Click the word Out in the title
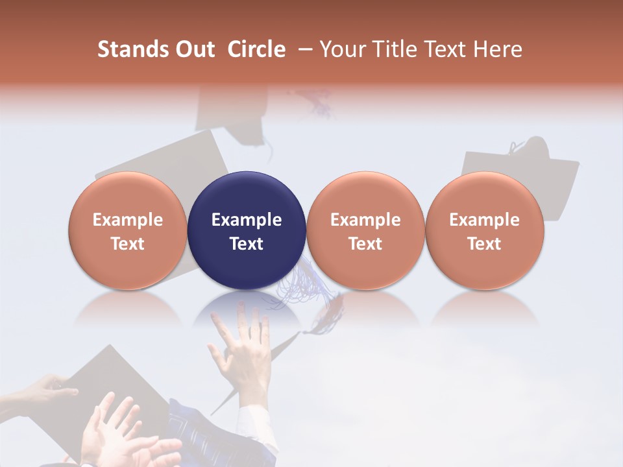195,49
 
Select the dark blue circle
247,230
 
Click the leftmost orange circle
128,230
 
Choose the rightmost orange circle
484,230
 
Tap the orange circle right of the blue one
365,230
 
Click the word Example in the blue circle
247,220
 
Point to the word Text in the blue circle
247,244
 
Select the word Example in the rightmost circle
484,220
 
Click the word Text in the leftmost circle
128,244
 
